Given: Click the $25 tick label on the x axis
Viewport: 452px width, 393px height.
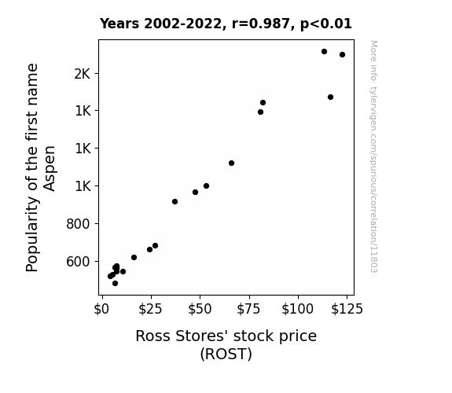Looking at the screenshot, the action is coord(150,309).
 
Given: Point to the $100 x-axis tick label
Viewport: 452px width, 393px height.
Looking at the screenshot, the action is coord(297,309).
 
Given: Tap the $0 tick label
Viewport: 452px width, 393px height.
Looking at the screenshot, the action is coord(101,309).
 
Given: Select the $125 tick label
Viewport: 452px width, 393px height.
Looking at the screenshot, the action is coord(347,309).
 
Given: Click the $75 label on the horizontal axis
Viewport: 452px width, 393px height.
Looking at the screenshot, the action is coord(248,309).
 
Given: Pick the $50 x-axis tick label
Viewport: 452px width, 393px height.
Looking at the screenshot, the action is coord(200,309).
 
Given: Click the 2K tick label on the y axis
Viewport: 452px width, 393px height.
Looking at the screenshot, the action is coord(83,74).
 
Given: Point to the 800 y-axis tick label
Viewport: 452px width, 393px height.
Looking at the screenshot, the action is coord(78,224).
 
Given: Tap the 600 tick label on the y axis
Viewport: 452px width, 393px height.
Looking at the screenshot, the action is coord(78,262).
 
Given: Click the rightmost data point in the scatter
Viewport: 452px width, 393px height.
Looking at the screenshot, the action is coord(342,55).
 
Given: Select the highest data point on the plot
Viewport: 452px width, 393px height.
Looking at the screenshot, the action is coord(324,52).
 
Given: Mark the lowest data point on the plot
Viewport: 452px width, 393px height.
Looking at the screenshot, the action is coord(115,284).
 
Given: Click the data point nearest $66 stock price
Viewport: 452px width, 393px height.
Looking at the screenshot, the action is coord(231,163).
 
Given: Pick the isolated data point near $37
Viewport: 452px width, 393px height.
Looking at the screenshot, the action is coord(175,201).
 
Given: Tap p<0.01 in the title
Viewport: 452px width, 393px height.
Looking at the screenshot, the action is coord(326,24).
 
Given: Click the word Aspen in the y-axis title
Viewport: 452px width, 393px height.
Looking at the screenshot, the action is coord(50,168).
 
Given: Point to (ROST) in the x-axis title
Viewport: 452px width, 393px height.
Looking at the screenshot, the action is coord(226,354).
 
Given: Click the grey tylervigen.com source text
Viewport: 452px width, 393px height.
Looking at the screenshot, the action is coord(373,157).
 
